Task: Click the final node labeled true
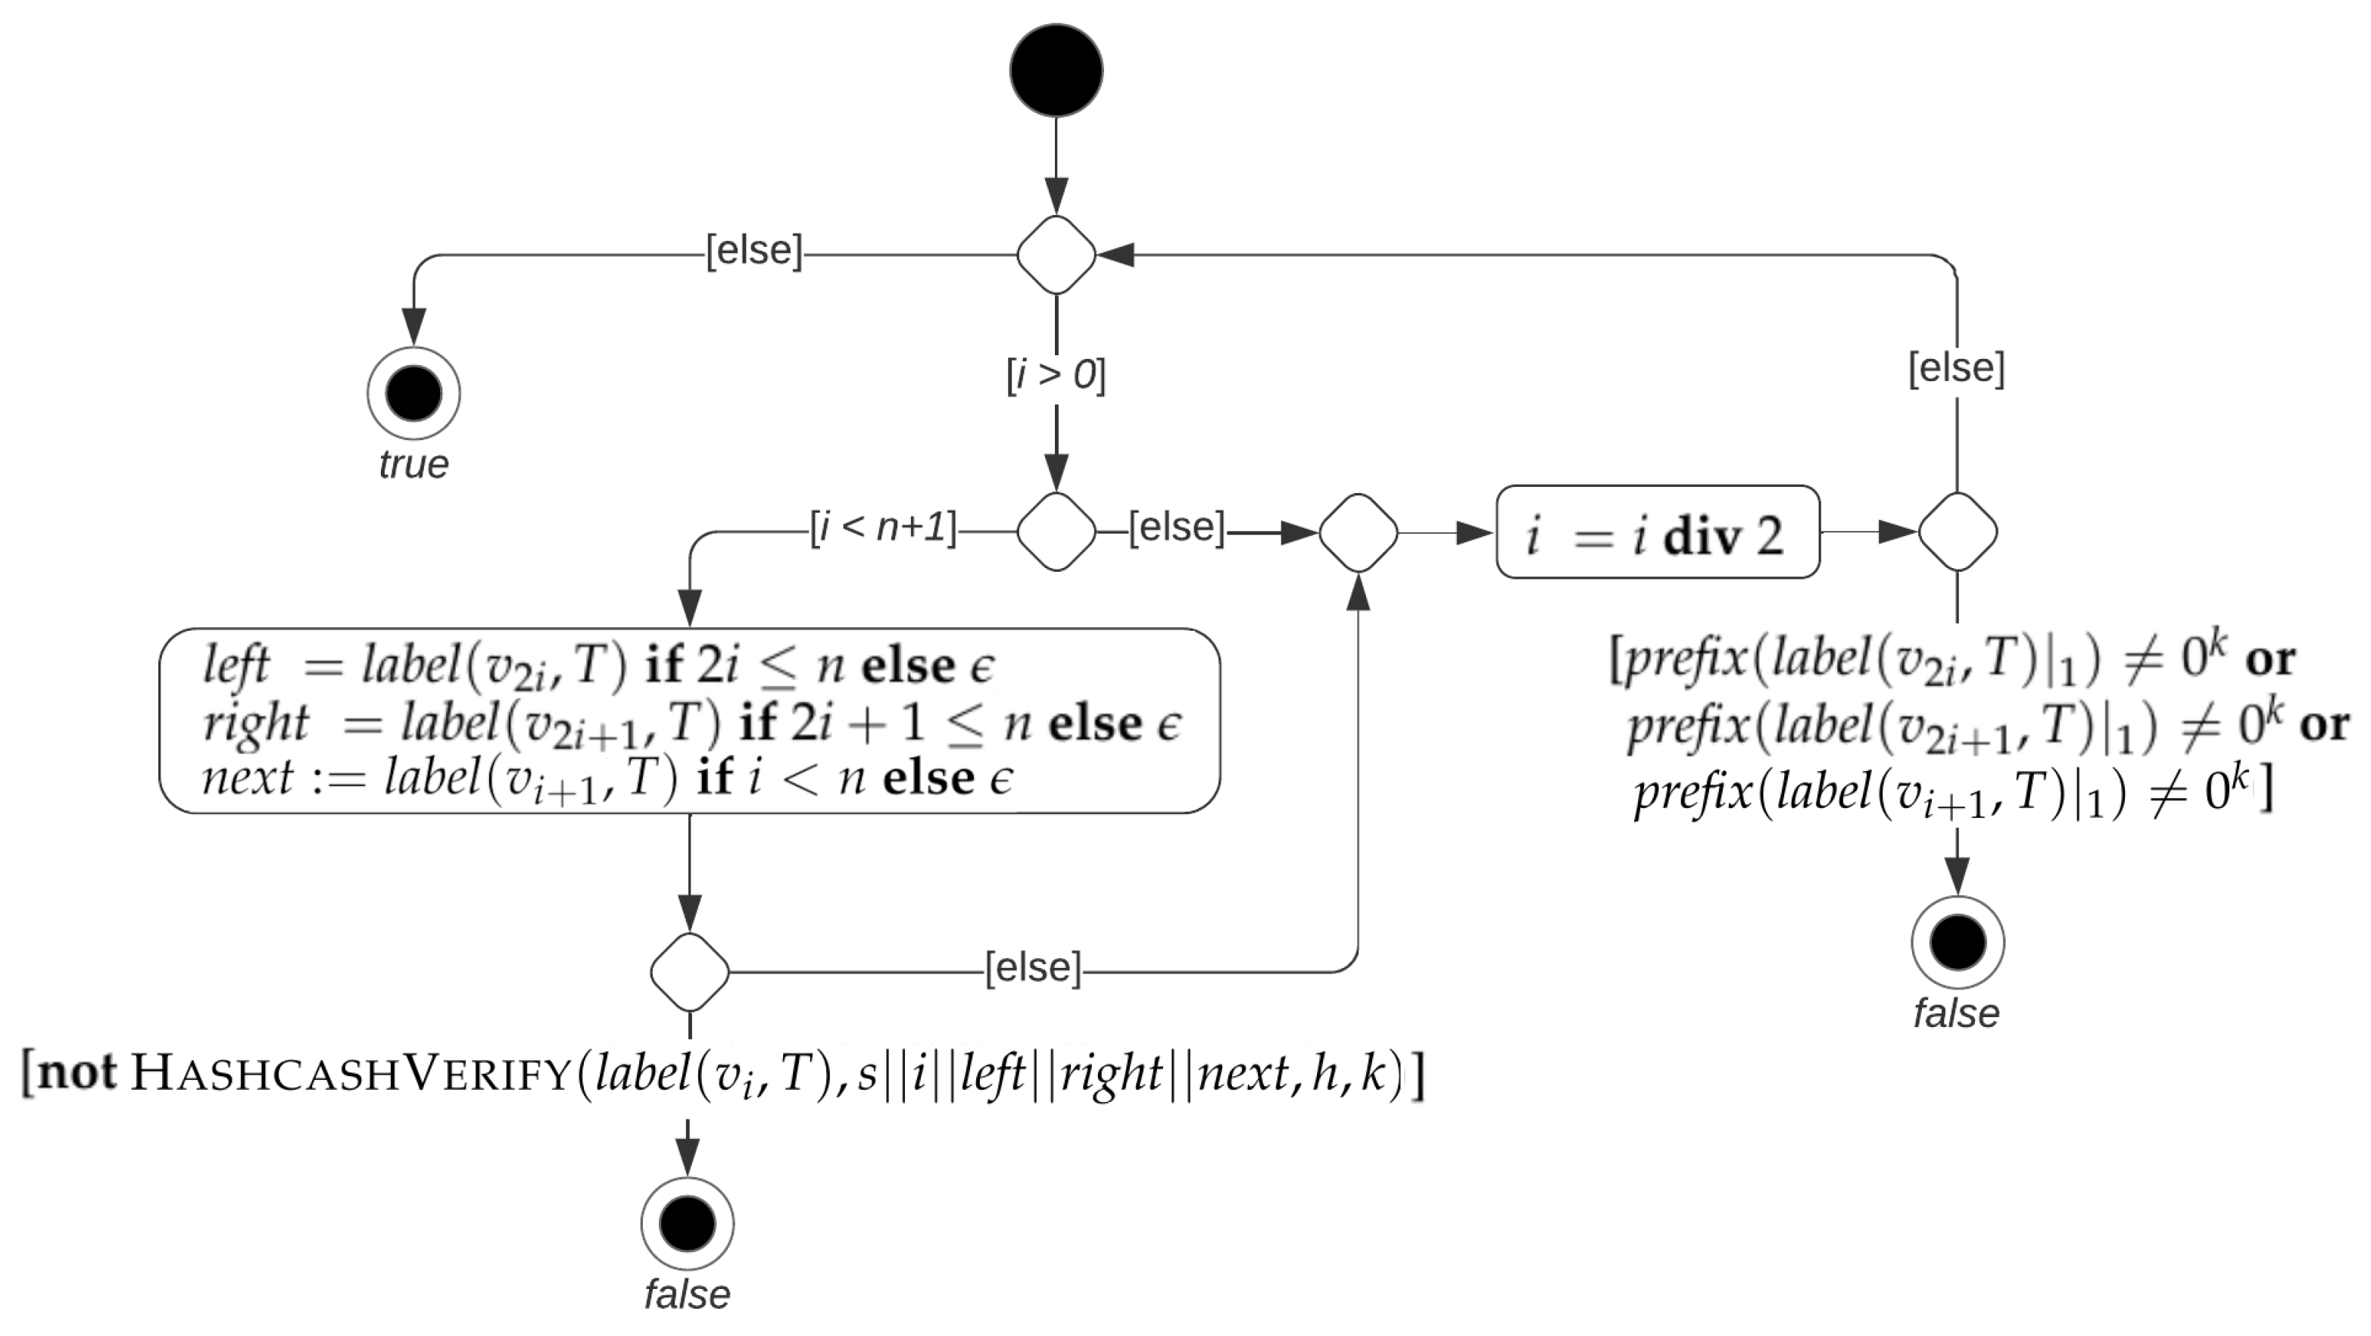(x=413, y=394)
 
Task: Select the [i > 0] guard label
(x=1056, y=375)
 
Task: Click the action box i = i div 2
(x=1658, y=532)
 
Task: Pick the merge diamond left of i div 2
(x=1358, y=532)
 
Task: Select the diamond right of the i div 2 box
(x=1957, y=532)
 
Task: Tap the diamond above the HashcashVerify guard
(x=689, y=972)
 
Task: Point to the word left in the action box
(x=236, y=665)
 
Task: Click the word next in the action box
(x=247, y=778)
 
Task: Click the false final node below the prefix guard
(x=1957, y=943)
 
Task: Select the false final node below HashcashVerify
(x=688, y=1224)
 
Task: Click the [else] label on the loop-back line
(x=1956, y=367)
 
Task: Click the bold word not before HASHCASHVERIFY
(x=78, y=1072)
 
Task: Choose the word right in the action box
(x=256, y=722)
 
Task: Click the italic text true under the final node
(x=413, y=464)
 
